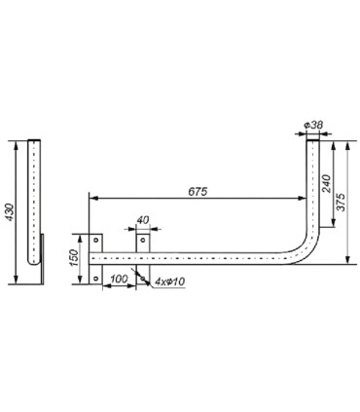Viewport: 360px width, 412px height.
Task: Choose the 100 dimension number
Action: (x=119, y=279)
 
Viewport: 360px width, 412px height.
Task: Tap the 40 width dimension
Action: (x=142, y=221)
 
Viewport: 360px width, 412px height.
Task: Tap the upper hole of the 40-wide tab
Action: (x=142, y=240)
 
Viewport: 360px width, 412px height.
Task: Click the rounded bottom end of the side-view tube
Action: (x=35, y=265)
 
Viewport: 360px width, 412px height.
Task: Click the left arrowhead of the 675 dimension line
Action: (x=92, y=199)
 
